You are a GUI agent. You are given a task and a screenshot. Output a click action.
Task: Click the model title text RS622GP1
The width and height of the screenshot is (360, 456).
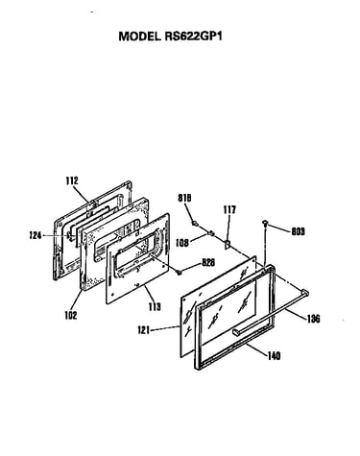coord(193,36)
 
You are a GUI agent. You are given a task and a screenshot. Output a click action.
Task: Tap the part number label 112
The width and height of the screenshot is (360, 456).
coord(72,180)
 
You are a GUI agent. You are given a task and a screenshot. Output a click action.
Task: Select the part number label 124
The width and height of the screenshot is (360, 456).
coord(35,236)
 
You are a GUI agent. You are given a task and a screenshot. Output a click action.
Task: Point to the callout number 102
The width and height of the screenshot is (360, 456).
coord(71,315)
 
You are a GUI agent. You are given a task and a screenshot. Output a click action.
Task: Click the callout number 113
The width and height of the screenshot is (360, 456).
coord(155,307)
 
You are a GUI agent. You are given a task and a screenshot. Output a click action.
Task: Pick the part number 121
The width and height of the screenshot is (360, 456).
coord(144,329)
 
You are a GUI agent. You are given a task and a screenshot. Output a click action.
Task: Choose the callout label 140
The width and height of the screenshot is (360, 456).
coord(274,355)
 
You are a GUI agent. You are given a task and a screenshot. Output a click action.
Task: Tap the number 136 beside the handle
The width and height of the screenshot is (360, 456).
coord(313,319)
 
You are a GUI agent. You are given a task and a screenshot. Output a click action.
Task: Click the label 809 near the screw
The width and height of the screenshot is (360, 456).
coord(298,231)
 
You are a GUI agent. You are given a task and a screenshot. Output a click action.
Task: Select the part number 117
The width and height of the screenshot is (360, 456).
coord(229,210)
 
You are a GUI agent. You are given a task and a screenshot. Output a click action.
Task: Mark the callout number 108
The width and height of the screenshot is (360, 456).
coord(181,243)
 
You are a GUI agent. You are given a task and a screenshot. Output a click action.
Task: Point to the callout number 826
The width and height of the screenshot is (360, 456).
coord(208,262)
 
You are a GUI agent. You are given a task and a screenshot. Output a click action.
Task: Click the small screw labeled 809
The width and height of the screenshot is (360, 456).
coord(265,223)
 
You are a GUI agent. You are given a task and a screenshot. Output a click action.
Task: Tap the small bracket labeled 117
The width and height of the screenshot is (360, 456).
coord(228,244)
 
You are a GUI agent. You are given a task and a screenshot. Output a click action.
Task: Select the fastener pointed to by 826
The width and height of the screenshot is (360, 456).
coord(180,273)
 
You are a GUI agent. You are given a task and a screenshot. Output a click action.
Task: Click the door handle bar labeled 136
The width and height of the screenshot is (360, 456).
coord(271,312)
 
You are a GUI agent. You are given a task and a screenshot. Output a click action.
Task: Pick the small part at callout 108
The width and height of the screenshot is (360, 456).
coord(210,232)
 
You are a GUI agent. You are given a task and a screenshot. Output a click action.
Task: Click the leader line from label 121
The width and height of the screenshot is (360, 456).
coord(165,328)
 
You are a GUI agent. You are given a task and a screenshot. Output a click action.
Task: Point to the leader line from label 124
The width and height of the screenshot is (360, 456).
coord(55,236)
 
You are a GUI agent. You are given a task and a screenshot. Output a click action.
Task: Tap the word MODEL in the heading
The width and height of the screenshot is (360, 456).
coord(139,36)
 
